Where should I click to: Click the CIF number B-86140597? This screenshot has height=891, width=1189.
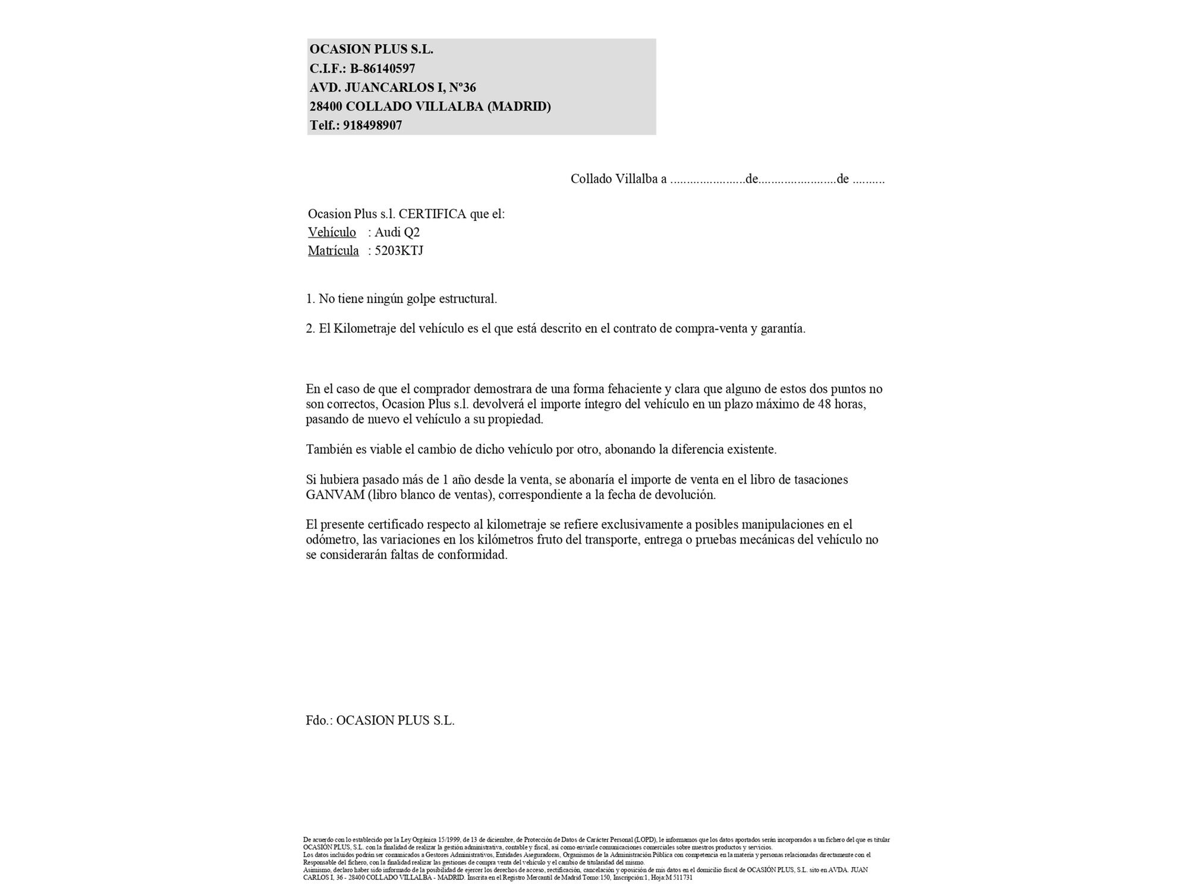[x=382, y=68]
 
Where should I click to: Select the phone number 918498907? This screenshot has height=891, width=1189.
[x=372, y=125]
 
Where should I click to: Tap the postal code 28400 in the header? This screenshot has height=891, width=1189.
[x=326, y=106]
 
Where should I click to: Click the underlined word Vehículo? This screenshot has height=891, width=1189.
[x=332, y=232]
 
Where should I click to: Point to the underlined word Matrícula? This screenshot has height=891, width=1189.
[x=333, y=251]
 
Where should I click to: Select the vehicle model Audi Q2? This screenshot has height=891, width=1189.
[x=397, y=232]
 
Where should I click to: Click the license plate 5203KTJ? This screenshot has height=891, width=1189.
[x=399, y=251]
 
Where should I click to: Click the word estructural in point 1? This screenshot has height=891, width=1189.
[x=467, y=299]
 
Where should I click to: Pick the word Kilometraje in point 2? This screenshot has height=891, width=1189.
[x=365, y=328]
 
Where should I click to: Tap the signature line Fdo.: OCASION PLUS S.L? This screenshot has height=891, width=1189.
[x=380, y=721]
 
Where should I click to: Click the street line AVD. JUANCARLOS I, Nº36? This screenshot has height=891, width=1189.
[x=392, y=87]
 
